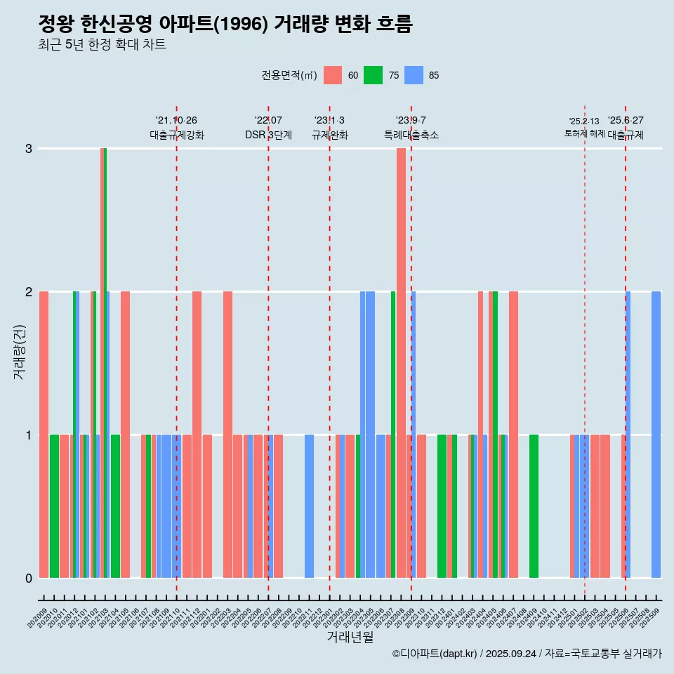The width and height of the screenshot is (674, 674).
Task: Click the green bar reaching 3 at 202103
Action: (x=105, y=351)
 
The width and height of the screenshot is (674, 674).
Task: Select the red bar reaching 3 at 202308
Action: (x=401, y=351)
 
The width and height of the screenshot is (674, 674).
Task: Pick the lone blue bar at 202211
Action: (x=309, y=505)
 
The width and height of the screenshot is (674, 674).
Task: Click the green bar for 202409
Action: (x=534, y=505)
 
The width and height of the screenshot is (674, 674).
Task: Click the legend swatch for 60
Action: (x=333, y=75)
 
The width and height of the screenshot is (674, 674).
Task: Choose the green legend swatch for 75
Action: (x=373, y=75)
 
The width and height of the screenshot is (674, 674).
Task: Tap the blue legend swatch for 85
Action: (x=414, y=75)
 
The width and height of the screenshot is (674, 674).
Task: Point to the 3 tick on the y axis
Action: (x=29, y=149)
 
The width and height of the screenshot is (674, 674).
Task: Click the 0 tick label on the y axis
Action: (x=29, y=578)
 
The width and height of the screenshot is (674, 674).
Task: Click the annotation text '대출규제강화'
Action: (x=177, y=136)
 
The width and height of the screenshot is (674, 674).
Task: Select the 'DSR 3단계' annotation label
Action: (x=268, y=136)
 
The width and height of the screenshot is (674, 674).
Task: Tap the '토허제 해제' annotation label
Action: (x=584, y=133)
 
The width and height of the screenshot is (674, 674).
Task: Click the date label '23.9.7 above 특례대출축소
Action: (x=411, y=121)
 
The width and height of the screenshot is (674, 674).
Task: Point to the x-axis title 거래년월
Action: (x=350, y=637)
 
